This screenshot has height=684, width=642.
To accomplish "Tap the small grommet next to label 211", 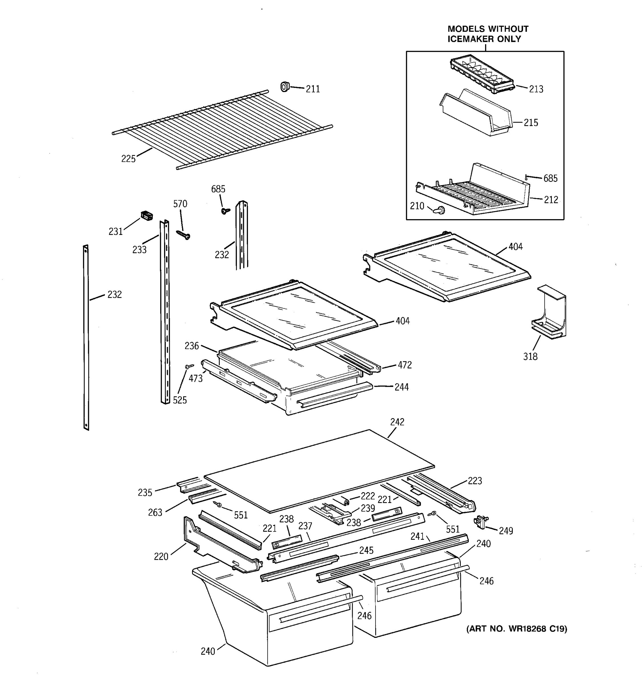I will [x=284, y=87].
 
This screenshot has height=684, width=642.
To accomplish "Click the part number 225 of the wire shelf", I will [x=128, y=159].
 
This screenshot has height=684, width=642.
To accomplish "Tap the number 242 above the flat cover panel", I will [x=397, y=422].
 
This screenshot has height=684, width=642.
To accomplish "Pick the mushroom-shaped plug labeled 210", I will [x=440, y=209].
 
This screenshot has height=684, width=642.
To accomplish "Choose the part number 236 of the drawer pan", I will [x=191, y=346].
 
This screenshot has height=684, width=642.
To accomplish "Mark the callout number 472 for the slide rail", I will [x=404, y=365].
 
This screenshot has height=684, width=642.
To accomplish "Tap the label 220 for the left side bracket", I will [x=161, y=556].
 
